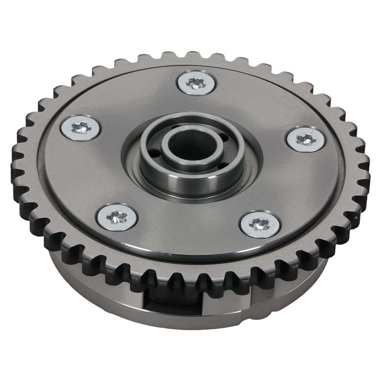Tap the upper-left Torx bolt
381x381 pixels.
point(81,128)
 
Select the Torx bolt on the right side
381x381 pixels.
point(306,139)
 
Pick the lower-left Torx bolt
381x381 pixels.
point(117,217)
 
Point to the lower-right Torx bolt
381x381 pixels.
point(260,224)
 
